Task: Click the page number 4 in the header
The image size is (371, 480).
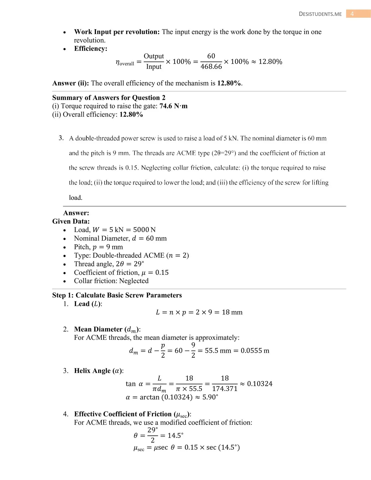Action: pyautogui.click(x=352, y=14)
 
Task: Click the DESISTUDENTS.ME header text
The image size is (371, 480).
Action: pyautogui.click(x=320, y=14)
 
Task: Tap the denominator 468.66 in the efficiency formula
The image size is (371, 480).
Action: pyautogui.click(x=211, y=66)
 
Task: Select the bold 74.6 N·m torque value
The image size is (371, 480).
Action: pyautogui.click(x=173, y=106)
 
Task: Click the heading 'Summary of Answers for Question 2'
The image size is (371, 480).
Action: pyautogui.click(x=109, y=97)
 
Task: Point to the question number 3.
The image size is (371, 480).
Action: pyautogui.click(x=61, y=138)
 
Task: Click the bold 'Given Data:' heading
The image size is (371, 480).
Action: pyautogui.click(x=71, y=221)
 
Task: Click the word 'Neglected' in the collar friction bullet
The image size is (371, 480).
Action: pyautogui.click(x=134, y=281)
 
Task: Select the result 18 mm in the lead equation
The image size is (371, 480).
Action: pyautogui.click(x=232, y=312)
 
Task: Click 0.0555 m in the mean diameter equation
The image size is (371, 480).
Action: pyautogui.click(x=255, y=350)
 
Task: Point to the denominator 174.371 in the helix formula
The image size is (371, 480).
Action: pyautogui.click(x=224, y=389)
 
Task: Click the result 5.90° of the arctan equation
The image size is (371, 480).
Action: pyautogui.click(x=210, y=397)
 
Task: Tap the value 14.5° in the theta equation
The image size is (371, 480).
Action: pyautogui.click(x=175, y=435)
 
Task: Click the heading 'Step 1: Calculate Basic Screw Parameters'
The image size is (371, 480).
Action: pyautogui.click(x=117, y=295)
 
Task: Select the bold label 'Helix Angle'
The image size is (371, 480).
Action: pyautogui.click(x=92, y=371)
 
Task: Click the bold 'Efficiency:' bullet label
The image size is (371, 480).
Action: pyautogui.click(x=90, y=48)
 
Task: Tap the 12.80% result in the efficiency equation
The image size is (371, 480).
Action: pyautogui.click(x=270, y=62)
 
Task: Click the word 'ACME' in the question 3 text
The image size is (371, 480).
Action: pyautogui.click(x=186, y=153)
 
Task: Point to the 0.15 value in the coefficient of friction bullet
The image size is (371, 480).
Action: pyautogui.click(x=162, y=272)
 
